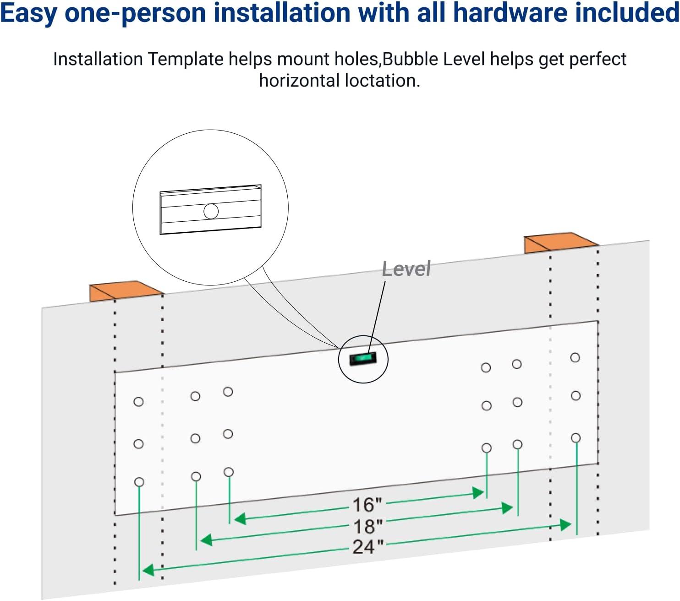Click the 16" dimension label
pyautogui.click(x=367, y=505)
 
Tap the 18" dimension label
pyautogui.click(x=367, y=526)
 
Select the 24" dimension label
pyautogui.click(x=367, y=546)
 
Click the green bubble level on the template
pyautogui.click(x=363, y=358)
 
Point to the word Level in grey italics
pyautogui.click(x=406, y=269)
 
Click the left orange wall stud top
pyautogui.click(x=125, y=290)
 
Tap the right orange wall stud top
pyautogui.click(x=560, y=242)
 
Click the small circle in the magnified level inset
pyautogui.click(x=211, y=211)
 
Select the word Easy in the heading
pyautogui.click(x=28, y=13)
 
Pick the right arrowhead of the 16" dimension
pyautogui.click(x=479, y=493)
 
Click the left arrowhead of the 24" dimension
pyautogui.click(x=148, y=570)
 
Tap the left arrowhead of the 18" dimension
pyautogui.click(x=206, y=540)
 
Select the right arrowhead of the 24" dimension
pyautogui.click(x=566, y=525)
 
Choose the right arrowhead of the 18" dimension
pyautogui.click(x=507, y=508)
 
